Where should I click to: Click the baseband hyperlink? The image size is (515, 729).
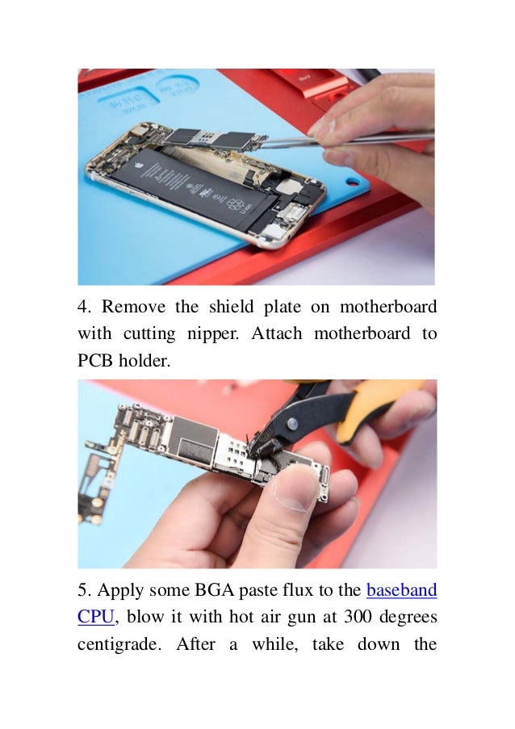pyautogui.click(x=401, y=590)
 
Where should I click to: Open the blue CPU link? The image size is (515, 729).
pyautogui.click(x=97, y=617)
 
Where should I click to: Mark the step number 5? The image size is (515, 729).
pyautogui.click(x=83, y=590)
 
